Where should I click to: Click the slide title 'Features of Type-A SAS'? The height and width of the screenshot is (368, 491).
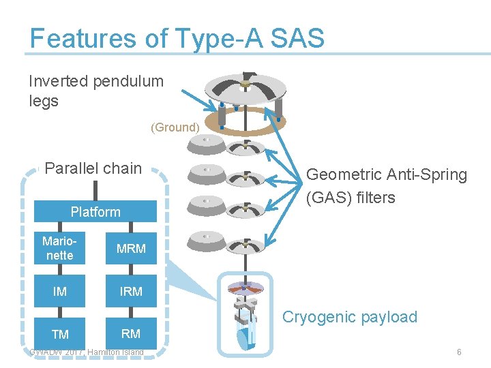point(177,38)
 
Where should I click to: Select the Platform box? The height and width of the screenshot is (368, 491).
point(95,212)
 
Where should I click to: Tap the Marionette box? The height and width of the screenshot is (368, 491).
point(59,249)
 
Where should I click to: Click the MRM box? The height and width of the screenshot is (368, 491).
point(131,249)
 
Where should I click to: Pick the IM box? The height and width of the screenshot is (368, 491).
point(59,292)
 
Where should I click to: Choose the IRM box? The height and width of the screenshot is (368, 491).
point(131,292)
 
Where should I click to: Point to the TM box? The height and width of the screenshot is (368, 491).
point(59,334)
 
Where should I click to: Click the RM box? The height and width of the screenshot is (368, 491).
point(131,333)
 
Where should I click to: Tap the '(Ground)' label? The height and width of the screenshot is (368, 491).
point(175,127)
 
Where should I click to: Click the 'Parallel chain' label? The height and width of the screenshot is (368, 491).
point(93,168)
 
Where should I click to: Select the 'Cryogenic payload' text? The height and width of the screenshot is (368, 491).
point(349,317)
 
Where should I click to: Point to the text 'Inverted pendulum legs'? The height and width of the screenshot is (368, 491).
point(96,91)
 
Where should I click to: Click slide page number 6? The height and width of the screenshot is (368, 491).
point(459,352)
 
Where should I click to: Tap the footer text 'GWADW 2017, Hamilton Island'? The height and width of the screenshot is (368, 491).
point(87,352)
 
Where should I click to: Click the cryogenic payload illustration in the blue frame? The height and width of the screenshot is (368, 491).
point(245,313)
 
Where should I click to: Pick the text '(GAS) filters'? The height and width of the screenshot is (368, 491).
point(351,198)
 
